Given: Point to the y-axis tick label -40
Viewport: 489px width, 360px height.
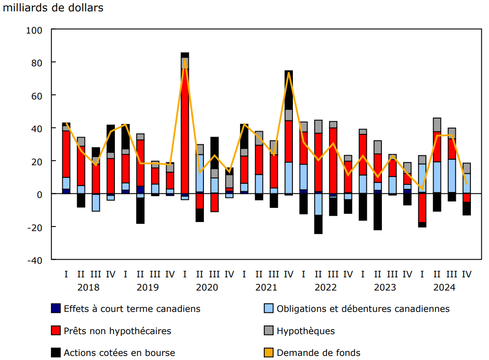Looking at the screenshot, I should [35, 260].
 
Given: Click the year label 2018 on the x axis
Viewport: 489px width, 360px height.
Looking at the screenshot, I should [89, 287].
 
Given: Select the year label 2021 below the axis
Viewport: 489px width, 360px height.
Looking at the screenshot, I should [267, 287].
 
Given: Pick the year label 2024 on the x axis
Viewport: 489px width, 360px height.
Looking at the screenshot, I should [445, 287].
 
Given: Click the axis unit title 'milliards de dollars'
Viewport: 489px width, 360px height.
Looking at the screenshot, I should [54, 8].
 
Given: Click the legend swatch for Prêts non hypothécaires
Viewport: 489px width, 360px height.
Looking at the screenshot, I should [56, 331].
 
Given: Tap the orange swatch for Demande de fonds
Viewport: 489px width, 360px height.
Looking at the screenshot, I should [269, 353].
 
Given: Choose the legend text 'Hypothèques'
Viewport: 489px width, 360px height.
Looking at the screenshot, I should [306, 331].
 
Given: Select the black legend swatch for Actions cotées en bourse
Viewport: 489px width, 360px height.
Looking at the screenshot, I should [56, 353].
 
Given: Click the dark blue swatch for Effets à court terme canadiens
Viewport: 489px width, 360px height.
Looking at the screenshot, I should [56, 309].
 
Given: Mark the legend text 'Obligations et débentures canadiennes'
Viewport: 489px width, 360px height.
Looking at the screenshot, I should [363, 309].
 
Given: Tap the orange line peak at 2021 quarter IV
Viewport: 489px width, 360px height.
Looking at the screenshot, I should [289, 73].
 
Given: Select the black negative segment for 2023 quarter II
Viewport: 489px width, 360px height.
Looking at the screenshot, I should [378, 212].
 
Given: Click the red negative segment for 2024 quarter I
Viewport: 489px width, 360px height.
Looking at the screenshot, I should [422, 208].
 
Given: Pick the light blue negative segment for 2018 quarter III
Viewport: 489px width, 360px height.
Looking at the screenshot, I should [96, 202].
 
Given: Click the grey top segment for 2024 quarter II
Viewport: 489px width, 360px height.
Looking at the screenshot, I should [437, 125].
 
